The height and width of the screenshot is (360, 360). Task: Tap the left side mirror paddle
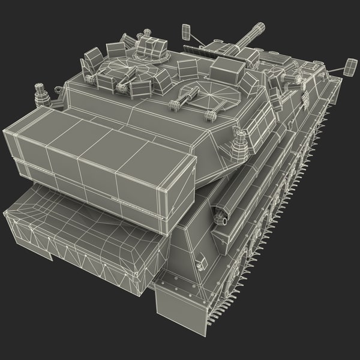click(x=185, y=29)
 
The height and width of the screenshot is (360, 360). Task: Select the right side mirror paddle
click(x=350, y=67)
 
